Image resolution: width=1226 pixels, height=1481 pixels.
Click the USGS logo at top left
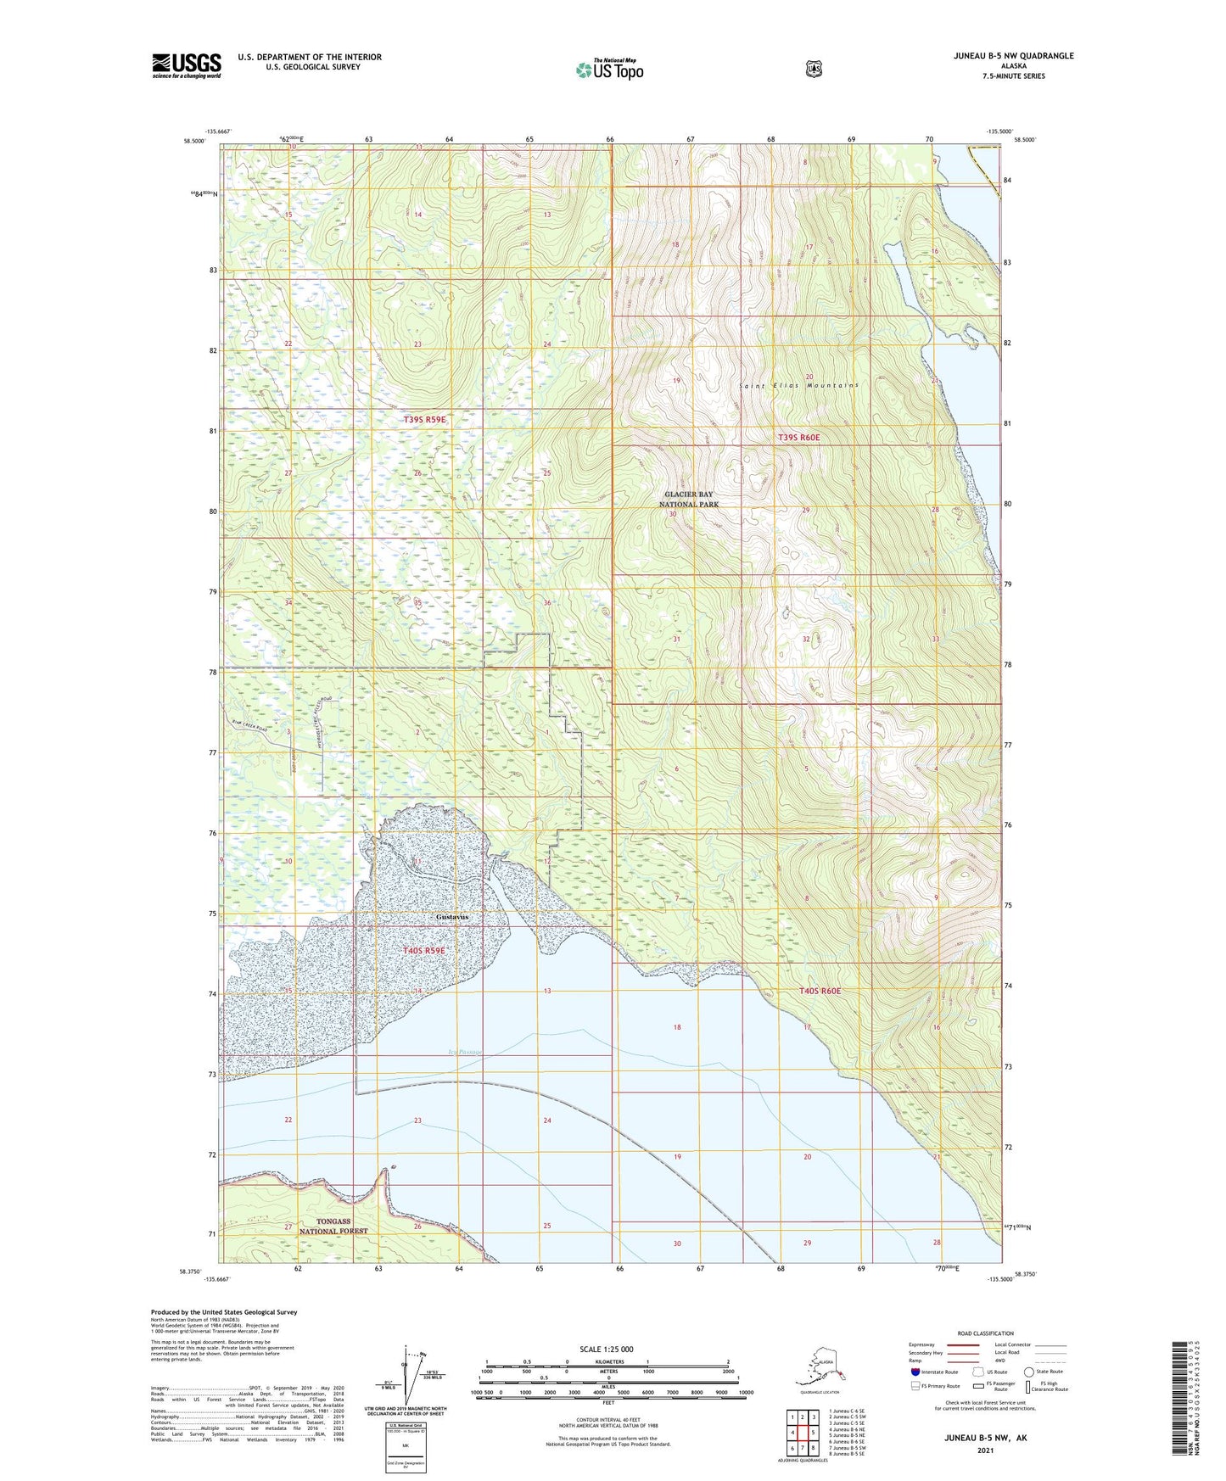[x=186, y=65]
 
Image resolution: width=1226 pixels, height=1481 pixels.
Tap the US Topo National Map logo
[x=609, y=69]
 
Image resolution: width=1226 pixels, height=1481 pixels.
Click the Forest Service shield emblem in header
[x=814, y=69]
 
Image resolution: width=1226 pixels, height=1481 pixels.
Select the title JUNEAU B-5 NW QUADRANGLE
[x=1012, y=56]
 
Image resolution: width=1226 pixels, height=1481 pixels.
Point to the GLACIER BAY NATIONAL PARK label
[x=689, y=499]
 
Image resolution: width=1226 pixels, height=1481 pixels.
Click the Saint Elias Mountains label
[x=798, y=385]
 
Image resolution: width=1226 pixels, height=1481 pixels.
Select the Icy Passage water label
[x=464, y=1052]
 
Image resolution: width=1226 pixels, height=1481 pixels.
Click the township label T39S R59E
[x=424, y=420]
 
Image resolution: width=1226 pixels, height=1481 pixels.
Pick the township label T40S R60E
[x=820, y=991]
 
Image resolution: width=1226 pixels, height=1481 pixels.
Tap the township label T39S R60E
[x=798, y=437]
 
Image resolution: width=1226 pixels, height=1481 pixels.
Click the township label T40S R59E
[x=424, y=951]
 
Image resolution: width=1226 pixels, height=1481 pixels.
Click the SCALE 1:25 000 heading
[x=606, y=1350]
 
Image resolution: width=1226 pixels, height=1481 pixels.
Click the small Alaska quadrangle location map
[x=820, y=1369]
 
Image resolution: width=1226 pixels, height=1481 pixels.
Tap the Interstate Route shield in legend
[x=915, y=1372]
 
